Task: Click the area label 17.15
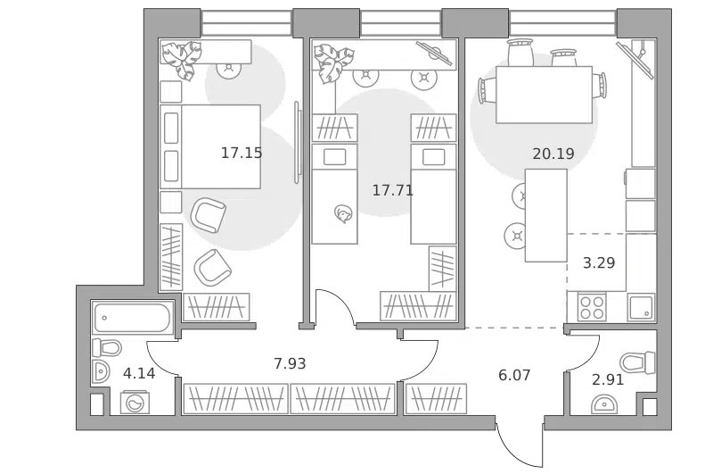242,153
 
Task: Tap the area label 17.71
393,190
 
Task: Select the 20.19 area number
553,154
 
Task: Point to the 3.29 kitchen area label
599,262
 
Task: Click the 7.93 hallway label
290,363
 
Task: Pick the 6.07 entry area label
514,375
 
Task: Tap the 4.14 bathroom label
139,373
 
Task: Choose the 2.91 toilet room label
608,378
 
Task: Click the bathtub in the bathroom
132,318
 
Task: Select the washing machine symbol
135,403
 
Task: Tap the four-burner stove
592,307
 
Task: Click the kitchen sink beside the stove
641,307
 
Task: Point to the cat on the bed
342,214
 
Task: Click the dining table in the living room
544,95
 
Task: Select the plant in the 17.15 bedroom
183,59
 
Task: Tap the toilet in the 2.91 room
637,362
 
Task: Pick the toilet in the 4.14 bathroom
107,348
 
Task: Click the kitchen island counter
546,215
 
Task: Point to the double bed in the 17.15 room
210,146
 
